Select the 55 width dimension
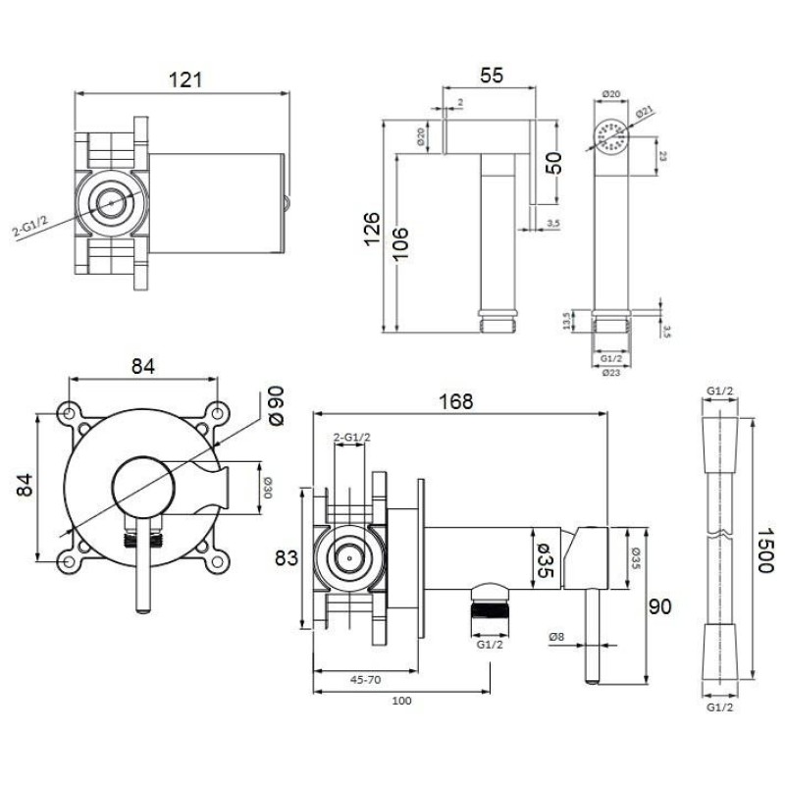point(493,74)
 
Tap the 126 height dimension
point(370,228)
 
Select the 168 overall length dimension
point(456,401)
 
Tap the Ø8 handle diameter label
point(556,638)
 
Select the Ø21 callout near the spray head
point(647,112)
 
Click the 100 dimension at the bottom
point(401,700)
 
